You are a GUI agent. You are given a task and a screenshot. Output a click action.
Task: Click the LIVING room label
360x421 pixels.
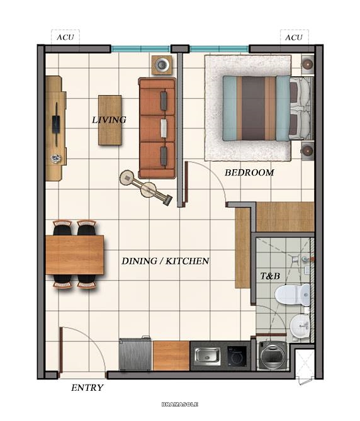tap(109, 120)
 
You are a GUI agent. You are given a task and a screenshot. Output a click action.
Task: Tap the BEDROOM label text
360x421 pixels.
tap(249, 172)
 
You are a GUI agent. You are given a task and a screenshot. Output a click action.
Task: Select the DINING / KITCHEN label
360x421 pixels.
tap(165, 261)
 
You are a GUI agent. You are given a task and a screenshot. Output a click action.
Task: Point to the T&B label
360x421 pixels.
tap(270, 276)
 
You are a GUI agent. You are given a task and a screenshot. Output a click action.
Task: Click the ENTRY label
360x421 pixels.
tap(87, 388)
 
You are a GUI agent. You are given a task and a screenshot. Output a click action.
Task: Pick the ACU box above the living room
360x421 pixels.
tap(65, 37)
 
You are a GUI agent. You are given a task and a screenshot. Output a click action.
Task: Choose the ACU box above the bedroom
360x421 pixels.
tap(293, 37)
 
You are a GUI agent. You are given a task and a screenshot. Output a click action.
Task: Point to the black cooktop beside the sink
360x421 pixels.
tap(236, 356)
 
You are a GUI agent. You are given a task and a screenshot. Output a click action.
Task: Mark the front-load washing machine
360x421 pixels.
tap(272, 356)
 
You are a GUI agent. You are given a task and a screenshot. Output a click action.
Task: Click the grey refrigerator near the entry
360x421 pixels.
tap(135, 355)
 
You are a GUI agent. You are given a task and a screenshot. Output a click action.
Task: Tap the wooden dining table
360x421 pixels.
tap(74, 255)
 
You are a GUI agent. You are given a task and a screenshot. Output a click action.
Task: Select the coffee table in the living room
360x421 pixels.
tap(110, 120)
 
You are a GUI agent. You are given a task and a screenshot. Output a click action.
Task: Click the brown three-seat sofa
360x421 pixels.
tap(157, 128)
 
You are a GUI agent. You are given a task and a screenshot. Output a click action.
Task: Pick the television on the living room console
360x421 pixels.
tap(57, 120)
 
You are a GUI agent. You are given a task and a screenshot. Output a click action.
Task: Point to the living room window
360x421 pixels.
tap(140, 48)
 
